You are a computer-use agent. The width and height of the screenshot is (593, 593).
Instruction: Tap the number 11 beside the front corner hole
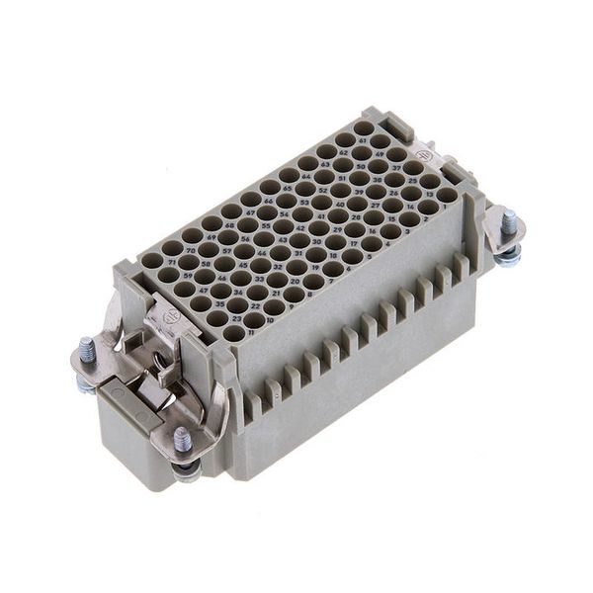click(x=251, y=332)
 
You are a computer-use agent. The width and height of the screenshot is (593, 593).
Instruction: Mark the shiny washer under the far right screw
click(x=508, y=254)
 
